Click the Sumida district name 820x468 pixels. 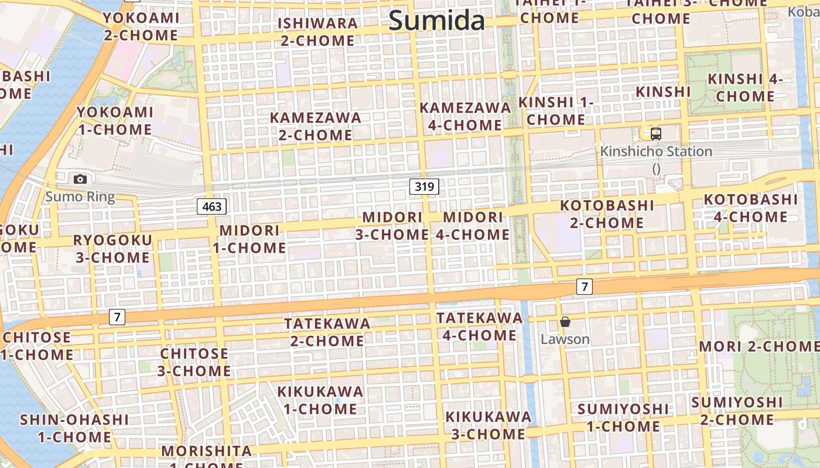click(x=436, y=21)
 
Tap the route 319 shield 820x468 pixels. click(x=424, y=187)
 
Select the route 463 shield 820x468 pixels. click(x=211, y=206)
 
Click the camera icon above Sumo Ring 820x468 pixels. click(x=80, y=179)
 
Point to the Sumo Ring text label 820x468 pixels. click(x=80, y=196)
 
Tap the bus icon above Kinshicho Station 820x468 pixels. click(x=656, y=133)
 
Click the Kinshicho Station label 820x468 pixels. click(x=656, y=152)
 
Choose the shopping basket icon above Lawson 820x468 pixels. click(x=565, y=322)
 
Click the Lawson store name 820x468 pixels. click(x=565, y=339)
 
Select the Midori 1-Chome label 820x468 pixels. click(x=250, y=239)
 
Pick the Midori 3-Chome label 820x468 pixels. click(x=392, y=226)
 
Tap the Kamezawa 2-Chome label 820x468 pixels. click(x=315, y=126)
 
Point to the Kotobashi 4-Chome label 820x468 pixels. click(x=750, y=208)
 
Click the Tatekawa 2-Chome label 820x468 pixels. click(x=327, y=332)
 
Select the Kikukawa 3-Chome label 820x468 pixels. click(x=488, y=425)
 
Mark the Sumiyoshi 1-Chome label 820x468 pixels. click(x=623, y=417)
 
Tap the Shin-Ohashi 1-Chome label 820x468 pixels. click(x=74, y=428)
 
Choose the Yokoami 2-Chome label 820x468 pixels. click(x=141, y=26)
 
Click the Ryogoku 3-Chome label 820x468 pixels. click(x=112, y=249)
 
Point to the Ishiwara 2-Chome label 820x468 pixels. click(x=317, y=32)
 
